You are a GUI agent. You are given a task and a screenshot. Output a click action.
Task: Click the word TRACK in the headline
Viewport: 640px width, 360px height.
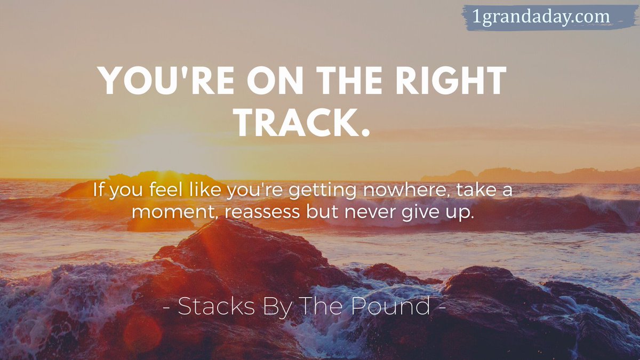pyautogui.click(x=296, y=124)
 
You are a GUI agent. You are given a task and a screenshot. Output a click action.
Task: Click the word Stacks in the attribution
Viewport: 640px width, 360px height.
pyautogui.click(x=213, y=306)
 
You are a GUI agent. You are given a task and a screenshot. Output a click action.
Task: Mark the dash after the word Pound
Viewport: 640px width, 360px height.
pyautogui.click(x=441, y=308)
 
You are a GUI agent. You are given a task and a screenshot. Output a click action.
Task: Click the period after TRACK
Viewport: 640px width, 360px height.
pyautogui.click(x=365, y=133)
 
